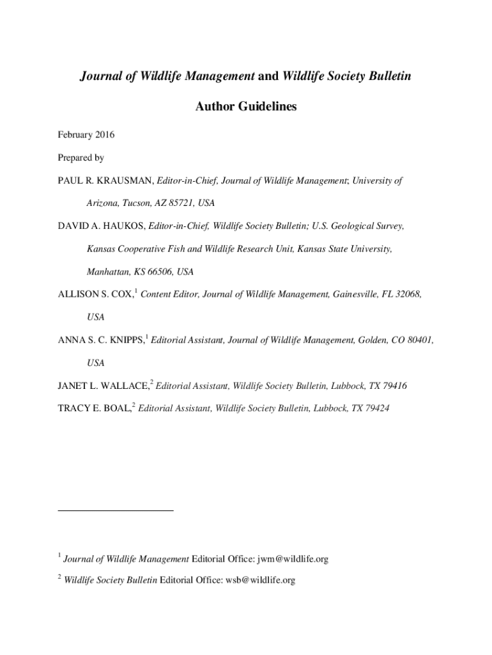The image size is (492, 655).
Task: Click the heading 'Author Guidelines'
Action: (245, 107)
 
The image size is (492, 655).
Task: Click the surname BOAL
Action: (116, 408)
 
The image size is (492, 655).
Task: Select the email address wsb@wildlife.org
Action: (260, 580)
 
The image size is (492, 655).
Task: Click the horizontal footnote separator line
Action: (115, 510)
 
